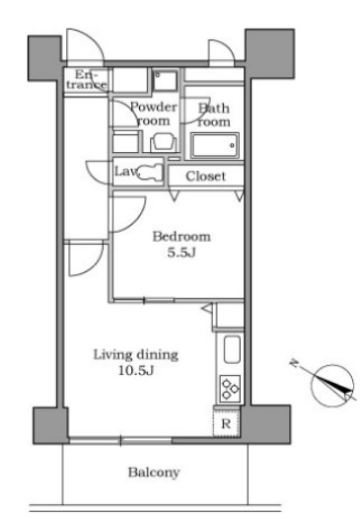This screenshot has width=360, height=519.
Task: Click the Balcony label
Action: (x=154, y=473)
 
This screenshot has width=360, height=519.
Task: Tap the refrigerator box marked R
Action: (x=226, y=423)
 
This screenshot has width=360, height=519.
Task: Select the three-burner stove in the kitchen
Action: (x=230, y=388)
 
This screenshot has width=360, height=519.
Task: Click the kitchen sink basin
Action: (x=232, y=349)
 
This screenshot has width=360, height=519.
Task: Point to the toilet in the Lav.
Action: (x=151, y=172)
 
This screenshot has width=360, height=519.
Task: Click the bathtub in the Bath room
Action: (x=214, y=146)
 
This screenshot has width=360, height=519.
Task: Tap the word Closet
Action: (x=206, y=176)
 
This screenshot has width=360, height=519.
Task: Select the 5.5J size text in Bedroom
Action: (x=181, y=253)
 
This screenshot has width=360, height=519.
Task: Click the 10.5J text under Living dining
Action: (x=136, y=370)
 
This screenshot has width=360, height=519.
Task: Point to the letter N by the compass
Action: (x=293, y=363)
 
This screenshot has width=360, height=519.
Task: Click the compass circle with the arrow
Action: (x=332, y=386)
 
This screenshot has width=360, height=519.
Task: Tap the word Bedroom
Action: (x=181, y=237)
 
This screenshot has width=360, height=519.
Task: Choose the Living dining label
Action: (x=136, y=354)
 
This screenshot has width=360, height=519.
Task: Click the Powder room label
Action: (x=154, y=113)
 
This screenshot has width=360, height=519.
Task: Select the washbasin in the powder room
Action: (x=163, y=142)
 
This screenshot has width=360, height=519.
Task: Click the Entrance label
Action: (x=87, y=80)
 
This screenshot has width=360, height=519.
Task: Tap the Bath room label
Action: (x=214, y=115)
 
